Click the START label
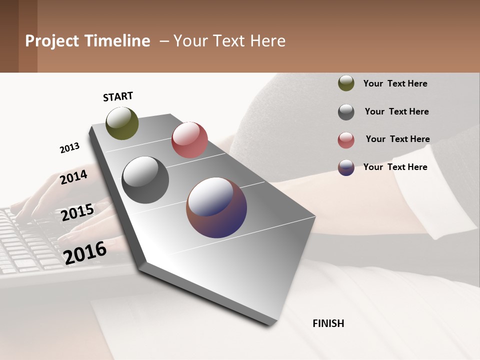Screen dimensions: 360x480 (118, 96)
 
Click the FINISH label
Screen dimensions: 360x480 (328, 323)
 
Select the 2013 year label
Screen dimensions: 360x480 (69, 148)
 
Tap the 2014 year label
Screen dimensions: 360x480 (74, 177)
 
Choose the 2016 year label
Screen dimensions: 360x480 (85, 253)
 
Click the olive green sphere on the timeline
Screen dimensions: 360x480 (122, 123)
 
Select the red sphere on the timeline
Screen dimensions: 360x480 (189, 140)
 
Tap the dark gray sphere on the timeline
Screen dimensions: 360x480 (145, 180)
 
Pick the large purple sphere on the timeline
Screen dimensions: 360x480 (216, 207)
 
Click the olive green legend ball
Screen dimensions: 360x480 (346, 83)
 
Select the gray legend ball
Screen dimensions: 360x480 (346, 112)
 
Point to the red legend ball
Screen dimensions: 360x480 (346, 140)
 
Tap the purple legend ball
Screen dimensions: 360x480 (346, 167)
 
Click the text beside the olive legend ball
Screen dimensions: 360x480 (395, 83)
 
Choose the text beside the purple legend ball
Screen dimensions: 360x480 (395, 167)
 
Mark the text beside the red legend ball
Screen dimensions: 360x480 (397, 139)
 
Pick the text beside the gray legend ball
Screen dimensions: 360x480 (396, 111)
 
